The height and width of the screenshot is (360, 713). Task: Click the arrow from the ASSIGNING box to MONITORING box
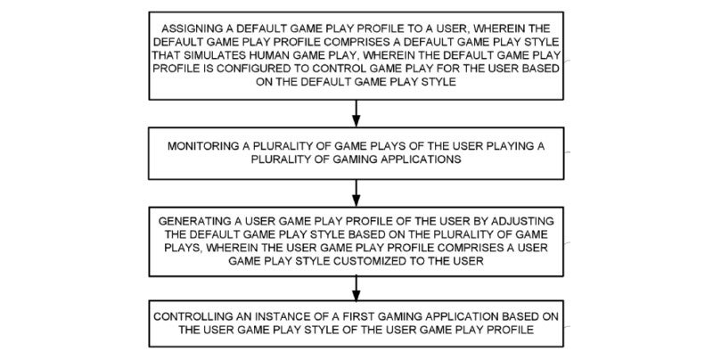point(356,113)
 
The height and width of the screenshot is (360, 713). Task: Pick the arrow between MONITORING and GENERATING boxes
point(356,193)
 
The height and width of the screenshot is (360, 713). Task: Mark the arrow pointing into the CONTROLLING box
point(356,288)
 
